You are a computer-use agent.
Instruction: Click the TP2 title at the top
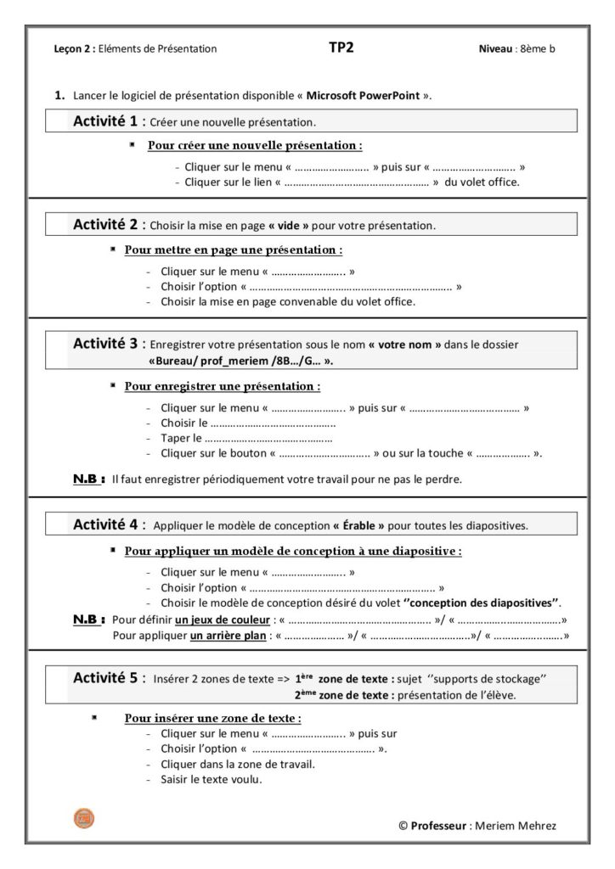coord(341,48)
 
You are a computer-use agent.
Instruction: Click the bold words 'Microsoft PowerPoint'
coord(363,95)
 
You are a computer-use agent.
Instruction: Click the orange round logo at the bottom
coord(84,818)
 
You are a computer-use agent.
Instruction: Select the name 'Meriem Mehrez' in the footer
coord(518,826)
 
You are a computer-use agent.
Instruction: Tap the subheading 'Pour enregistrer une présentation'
coord(222,386)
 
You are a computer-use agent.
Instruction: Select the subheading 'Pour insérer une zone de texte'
coord(213,718)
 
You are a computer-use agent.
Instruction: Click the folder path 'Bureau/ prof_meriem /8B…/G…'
coord(240,360)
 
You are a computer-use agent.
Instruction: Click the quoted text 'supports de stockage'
coord(492,679)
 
